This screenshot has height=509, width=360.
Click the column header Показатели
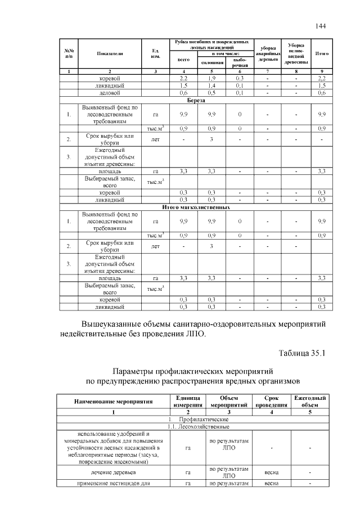pyautogui.click(x=110, y=53)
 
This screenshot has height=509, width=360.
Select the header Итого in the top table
pyautogui.click(x=322, y=53)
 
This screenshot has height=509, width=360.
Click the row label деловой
pyautogui.click(x=110, y=92)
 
